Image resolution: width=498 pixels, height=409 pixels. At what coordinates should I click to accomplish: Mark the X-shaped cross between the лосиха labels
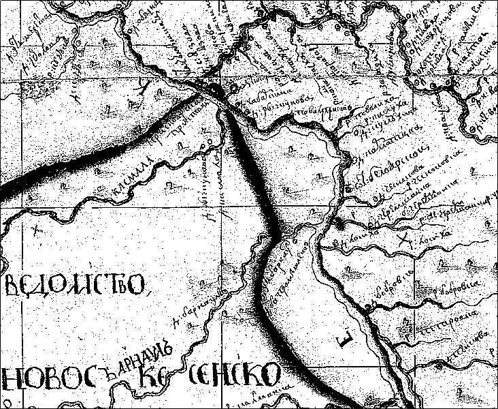coord(406,237)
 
